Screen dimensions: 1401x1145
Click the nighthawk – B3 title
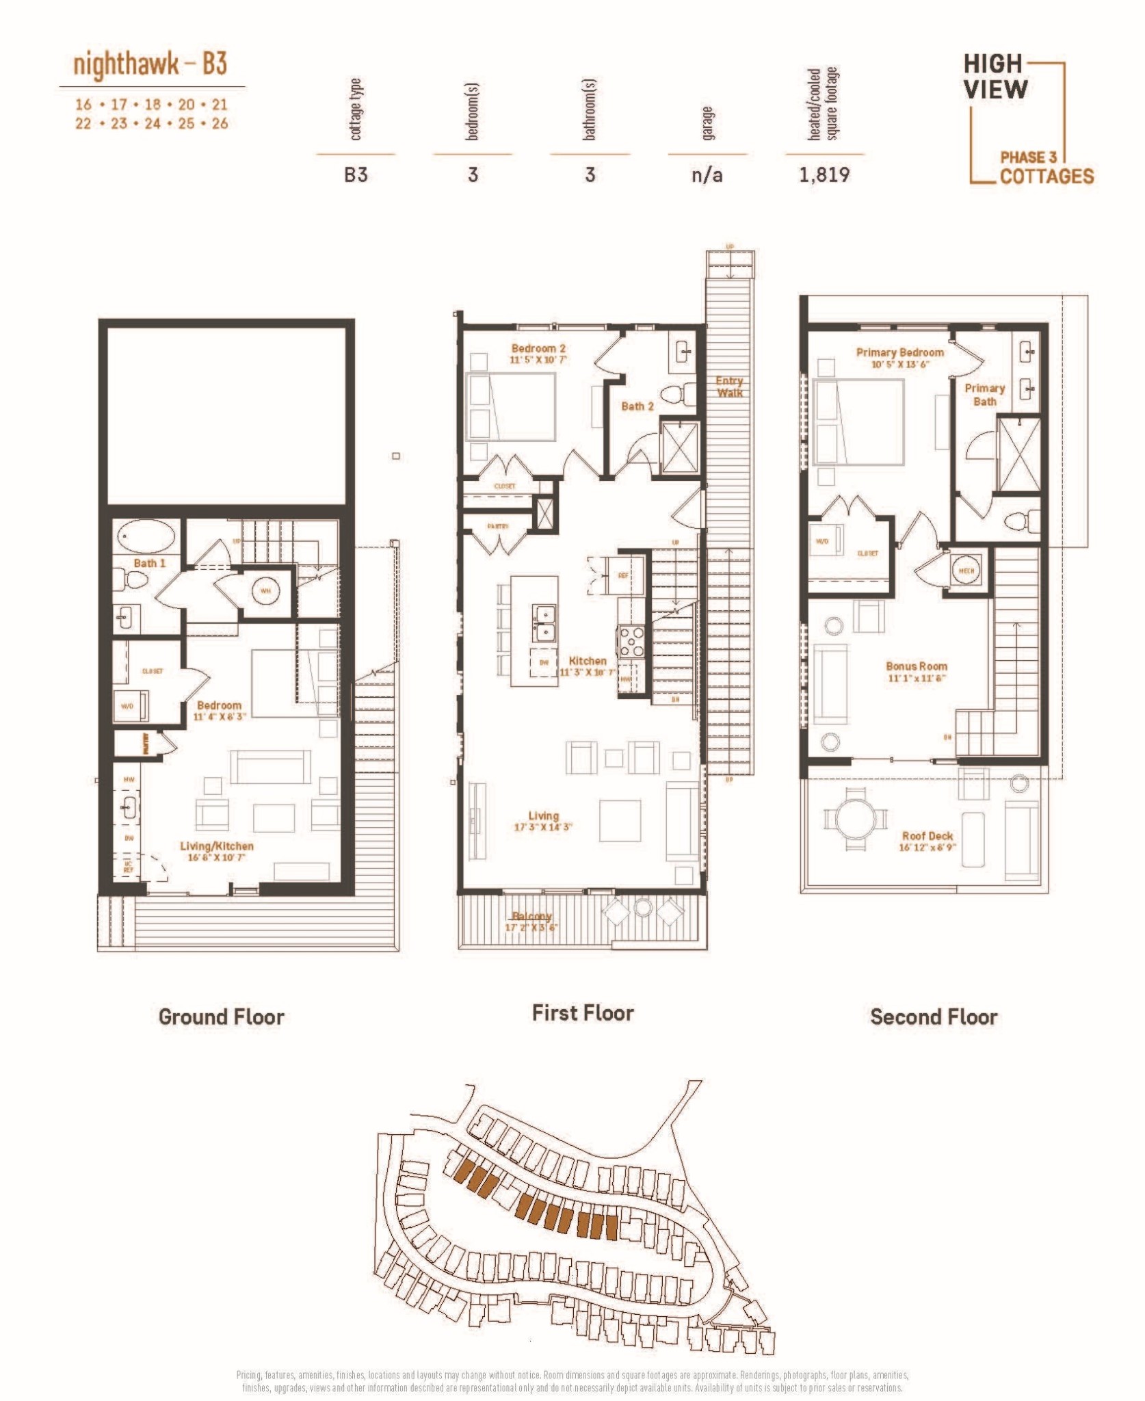(x=150, y=64)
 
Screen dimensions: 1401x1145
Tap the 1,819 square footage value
(x=824, y=175)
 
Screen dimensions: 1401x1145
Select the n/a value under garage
(x=707, y=175)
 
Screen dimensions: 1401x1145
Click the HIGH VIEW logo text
(x=995, y=77)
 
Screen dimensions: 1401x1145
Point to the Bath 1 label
(x=149, y=563)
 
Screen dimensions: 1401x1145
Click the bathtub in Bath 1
(x=146, y=536)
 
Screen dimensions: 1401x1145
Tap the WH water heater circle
(x=265, y=590)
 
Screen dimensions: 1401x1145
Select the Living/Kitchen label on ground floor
(x=216, y=846)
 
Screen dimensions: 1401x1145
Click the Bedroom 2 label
(x=538, y=348)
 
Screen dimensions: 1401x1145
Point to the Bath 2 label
(x=637, y=406)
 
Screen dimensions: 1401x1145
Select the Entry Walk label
(x=729, y=387)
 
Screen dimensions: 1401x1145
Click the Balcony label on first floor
(x=531, y=917)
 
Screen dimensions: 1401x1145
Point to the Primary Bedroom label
(x=899, y=352)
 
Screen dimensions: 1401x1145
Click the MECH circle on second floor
(x=966, y=571)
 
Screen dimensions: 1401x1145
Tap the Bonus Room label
(x=916, y=666)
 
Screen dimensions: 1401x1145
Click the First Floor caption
(x=583, y=1013)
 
